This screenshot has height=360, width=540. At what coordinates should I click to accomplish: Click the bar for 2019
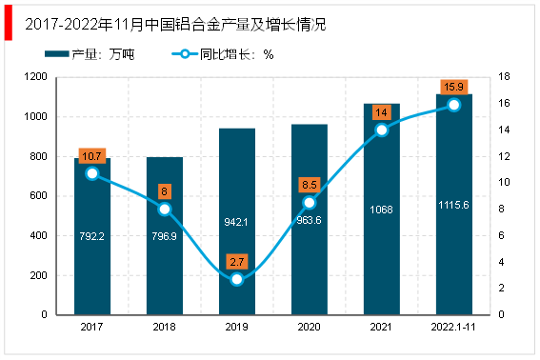tap(237, 221)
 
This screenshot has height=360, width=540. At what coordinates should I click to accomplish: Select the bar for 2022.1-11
tap(454, 204)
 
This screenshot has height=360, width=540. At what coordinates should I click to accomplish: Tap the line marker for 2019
tap(237, 279)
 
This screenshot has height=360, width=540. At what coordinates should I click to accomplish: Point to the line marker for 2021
tap(382, 130)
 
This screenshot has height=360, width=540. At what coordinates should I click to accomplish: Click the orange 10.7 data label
tap(92, 156)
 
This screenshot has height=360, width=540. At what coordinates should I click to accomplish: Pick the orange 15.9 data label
tap(454, 87)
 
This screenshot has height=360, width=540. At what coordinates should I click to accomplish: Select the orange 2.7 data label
tap(237, 262)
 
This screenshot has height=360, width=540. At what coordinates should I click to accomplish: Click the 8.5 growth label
tap(310, 185)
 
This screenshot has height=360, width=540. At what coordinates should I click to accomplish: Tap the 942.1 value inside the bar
tap(236, 222)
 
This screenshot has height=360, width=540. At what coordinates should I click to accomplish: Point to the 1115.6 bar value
tap(453, 205)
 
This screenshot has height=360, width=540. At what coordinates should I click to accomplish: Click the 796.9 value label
tap(164, 236)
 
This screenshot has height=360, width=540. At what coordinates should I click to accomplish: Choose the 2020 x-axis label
tap(309, 327)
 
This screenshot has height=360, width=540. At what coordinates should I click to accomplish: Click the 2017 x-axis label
tap(91, 327)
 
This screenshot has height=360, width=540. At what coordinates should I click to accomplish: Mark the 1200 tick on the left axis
tap(35, 76)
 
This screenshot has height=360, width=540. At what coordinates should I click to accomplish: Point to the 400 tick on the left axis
tap(38, 235)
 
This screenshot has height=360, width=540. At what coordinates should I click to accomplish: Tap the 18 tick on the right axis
tap(504, 76)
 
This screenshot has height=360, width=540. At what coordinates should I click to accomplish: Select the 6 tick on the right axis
tap(501, 235)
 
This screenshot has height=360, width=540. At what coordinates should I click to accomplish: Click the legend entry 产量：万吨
tap(90, 54)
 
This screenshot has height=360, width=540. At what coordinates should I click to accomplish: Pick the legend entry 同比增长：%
tap(223, 54)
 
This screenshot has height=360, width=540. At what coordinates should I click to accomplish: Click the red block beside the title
tap(9, 23)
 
